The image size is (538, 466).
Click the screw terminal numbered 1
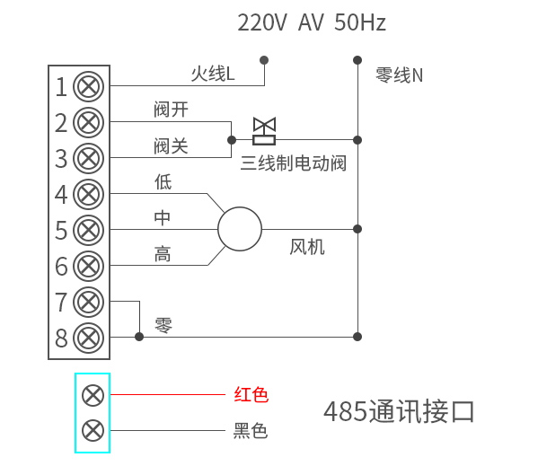pyautogui.click(x=88, y=86)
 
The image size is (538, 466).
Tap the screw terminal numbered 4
pyautogui.click(x=88, y=194)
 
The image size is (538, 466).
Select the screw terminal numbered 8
pyautogui.click(x=88, y=338)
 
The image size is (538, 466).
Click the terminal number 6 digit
pyautogui.click(x=61, y=267)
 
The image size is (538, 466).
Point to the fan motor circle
pyautogui.click(x=240, y=229)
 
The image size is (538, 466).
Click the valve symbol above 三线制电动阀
pyautogui.click(x=264, y=131)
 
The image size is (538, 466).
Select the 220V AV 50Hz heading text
pyautogui.click(x=311, y=23)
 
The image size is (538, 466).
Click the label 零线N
pyautogui.click(x=399, y=75)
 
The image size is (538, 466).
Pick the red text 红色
pyautogui.click(x=251, y=394)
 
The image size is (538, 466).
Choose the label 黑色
pyautogui.click(x=251, y=431)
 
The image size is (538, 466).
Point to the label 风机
pyautogui.click(x=307, y=247)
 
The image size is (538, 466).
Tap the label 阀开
pyautogui.click(x=171, y=110)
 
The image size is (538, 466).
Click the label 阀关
pyautogui.click(x=171, y=145)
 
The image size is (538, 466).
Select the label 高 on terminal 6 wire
pyautogui.click(x=163, y=255)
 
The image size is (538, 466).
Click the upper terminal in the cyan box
pyautogui.click(x=93, y=395)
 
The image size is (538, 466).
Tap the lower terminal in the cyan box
pyautogui.click(x=93, y=430)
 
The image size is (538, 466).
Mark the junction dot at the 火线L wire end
pyautogui.click(x=264, y=60)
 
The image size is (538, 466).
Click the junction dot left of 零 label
pyautogui.click(x=139, y=337)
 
